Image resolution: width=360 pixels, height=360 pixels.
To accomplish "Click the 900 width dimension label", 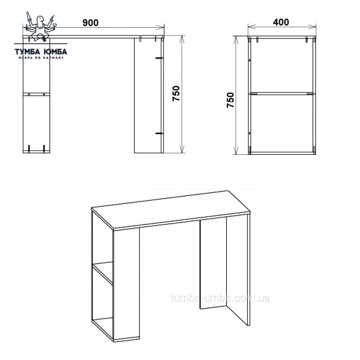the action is coord(91,23).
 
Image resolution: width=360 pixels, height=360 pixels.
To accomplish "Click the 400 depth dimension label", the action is coord(281,22).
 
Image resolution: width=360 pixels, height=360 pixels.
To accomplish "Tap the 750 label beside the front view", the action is coord(176,94).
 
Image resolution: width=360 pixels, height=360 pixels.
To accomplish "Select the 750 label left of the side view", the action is coord(230,100).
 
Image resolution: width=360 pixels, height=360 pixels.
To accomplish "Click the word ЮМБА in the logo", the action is coord(55,51).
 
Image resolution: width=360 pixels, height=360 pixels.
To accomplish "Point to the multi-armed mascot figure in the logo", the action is coord(41,27).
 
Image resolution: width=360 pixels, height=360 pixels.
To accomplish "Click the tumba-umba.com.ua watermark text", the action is coord(220,298).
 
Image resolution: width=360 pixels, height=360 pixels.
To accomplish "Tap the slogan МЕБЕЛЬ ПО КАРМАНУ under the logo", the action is coord(41,58).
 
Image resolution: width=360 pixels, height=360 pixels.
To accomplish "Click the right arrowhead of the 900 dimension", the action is coord(161,28).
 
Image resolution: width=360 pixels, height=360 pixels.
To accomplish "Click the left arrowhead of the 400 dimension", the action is coord(251,27).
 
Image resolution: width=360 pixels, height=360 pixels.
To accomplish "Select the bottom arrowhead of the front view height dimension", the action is coord(183,149).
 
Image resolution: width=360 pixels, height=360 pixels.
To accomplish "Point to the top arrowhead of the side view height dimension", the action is coord(236,41).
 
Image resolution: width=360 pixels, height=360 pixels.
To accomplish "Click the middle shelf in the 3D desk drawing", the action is coord(103,273).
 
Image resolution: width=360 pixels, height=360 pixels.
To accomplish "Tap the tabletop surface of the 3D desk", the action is coord(170,209).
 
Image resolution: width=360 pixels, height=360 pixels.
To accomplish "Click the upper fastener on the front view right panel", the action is coord(159,58).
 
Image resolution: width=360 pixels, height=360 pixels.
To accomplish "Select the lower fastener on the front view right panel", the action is coord(159,133).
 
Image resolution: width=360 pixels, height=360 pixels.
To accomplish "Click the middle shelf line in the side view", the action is coord(282,94).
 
